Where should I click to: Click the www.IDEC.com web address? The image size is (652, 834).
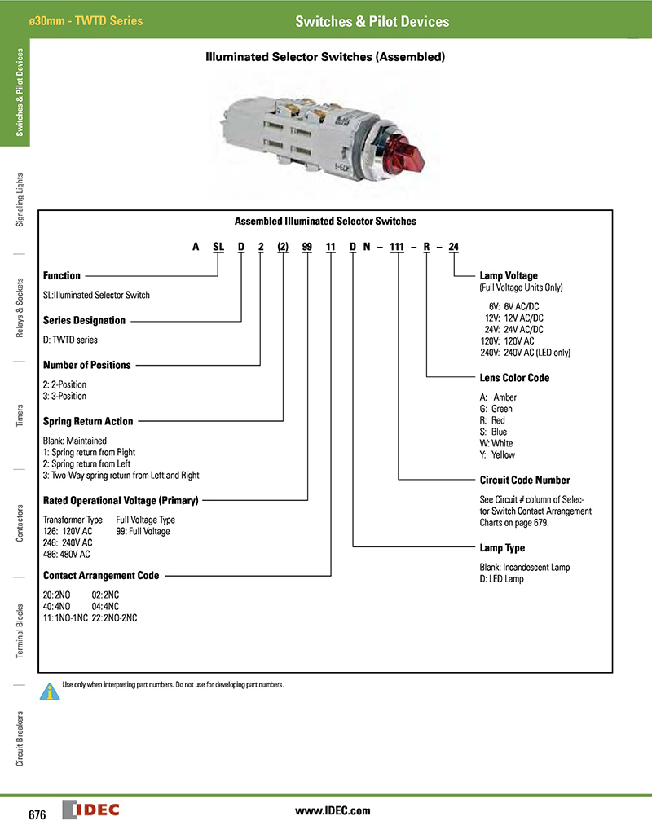332,810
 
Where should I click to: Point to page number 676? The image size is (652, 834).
37,815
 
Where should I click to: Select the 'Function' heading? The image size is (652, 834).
62,276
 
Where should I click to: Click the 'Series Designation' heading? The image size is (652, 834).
84,321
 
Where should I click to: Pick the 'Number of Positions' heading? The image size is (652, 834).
86,366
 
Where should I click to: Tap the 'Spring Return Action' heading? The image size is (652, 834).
88,422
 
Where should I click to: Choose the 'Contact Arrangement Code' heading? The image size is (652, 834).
101,576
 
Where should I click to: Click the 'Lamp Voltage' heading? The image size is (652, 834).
509,276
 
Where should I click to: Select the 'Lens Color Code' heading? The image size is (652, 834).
514,378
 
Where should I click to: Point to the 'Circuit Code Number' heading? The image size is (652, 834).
525,481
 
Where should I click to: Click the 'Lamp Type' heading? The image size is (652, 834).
502,548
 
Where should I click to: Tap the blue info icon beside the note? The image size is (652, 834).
51,691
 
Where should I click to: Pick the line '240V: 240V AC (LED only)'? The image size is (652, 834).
526,353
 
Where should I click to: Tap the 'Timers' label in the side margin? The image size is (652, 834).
20,415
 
